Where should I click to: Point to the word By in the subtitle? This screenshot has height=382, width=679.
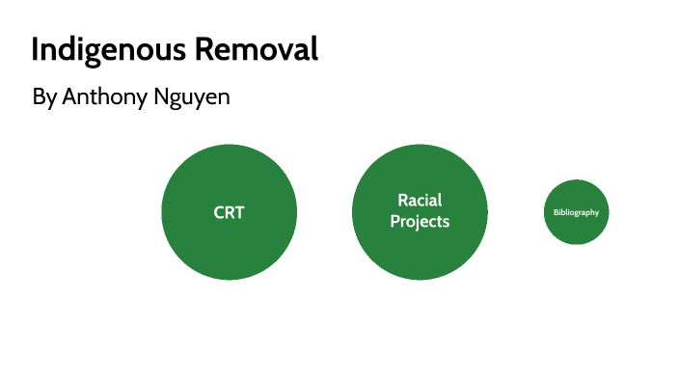click(44, 98)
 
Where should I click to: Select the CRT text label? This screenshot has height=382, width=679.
click(229, 212)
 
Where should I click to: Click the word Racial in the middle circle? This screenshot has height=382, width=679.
click(420, 201)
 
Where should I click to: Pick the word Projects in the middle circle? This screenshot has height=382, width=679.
click(420, 222)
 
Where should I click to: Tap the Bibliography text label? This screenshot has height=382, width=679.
click(576, 212)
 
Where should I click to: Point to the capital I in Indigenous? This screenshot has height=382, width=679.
click(36, 50)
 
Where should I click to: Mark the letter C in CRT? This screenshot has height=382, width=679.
click(219, 212)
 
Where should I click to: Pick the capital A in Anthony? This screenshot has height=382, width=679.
click(68, 98)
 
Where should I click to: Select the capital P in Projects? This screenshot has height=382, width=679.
click(395, 222)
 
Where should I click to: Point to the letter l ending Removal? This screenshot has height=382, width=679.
click(313, 50)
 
